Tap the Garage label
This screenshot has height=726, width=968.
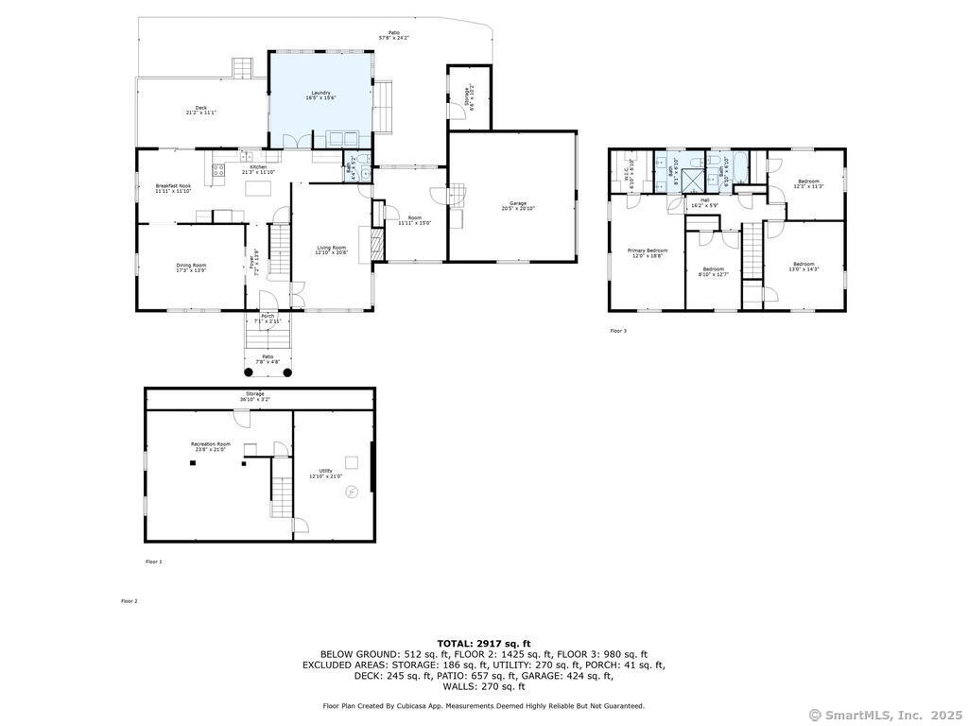[518, 206]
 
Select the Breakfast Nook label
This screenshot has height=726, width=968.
[173, 188]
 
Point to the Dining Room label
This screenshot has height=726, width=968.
[191, 268]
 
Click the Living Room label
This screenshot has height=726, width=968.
[331, 250]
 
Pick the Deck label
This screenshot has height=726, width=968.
[200, 110]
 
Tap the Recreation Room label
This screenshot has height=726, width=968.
[210, 446]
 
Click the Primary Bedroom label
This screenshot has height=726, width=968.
[648, 252]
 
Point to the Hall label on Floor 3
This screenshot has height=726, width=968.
[704, 202]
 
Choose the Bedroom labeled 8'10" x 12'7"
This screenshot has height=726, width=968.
[713, 270]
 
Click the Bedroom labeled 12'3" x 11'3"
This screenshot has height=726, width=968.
[808, 183]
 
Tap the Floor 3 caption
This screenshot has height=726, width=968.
[617, 331]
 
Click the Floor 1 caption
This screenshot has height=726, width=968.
[153, 562]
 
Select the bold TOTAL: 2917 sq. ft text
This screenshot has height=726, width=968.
[483, 643]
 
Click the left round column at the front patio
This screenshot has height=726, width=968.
[249, 372]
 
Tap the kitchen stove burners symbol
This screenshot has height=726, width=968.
[217, 171]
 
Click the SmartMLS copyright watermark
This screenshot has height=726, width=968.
[886, 715]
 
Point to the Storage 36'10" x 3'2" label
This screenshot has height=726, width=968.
[255, 396]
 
